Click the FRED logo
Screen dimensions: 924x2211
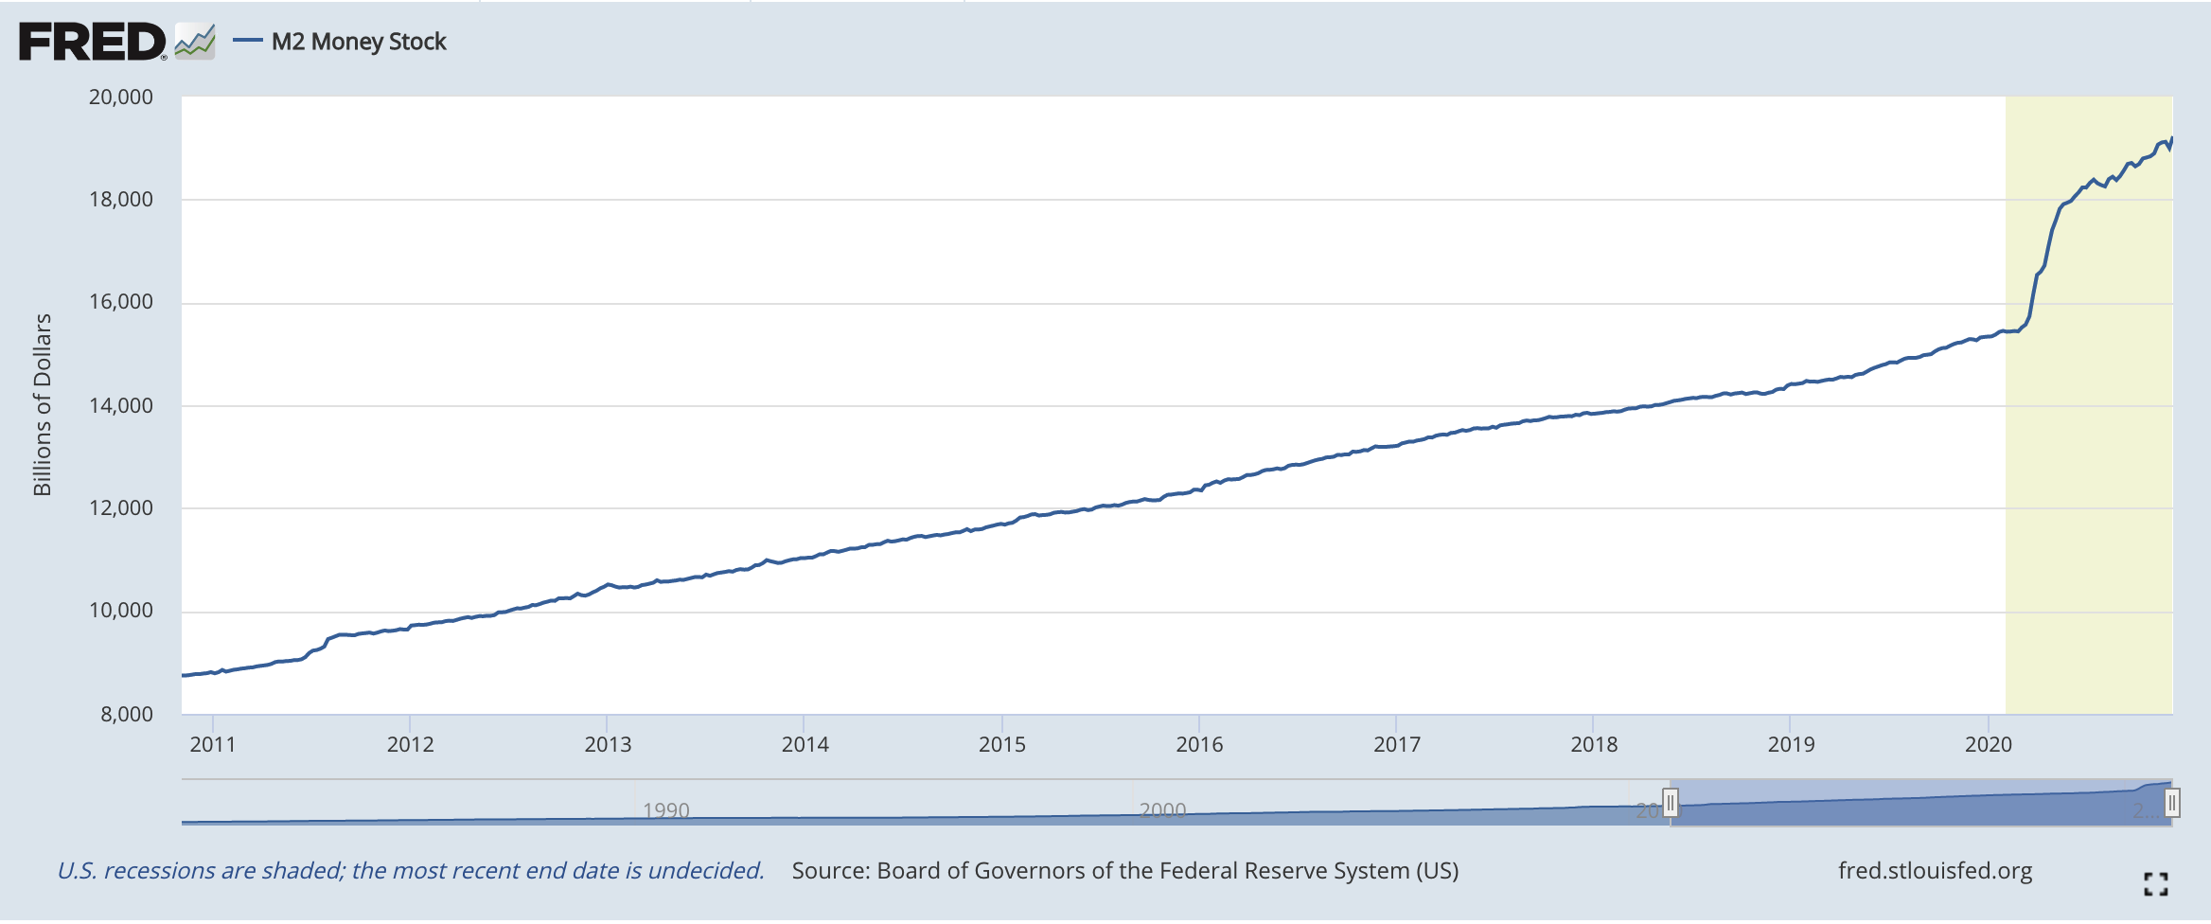pyautogui.click(x=92, y=43)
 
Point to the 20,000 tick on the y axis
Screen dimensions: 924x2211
pyautogui.click(x=120, y=97)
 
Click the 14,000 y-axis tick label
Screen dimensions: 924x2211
pyautogui.click(x=120, y=405)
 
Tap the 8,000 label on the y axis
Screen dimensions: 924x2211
pyautogui.click(x=126, y=714)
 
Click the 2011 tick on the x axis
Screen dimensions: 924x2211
pyautogui.click(x=213, y=744)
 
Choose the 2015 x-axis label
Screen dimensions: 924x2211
pyautogui.click(x=1002, y=744)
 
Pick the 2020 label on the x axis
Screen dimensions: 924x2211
pyautogui.click(x=1989, y=744)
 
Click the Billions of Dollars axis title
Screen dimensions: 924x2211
pyautogui.click(x=43, y=405)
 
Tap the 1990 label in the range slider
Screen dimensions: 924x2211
pyautogui.click(x=666, y=810)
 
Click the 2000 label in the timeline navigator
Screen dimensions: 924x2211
pyautogui.click(x=1162, y=810)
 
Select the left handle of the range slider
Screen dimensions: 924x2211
pyautogui.click(x=1671, y=804)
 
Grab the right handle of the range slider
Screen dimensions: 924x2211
pyautogui.click(x=2172, y=804)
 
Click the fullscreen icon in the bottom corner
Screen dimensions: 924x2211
pyautogui.click(x=2156, y=884)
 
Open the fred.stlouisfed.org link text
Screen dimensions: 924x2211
pyautogui.click(x=1935, y=870)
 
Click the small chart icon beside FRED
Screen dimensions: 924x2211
pyautogui.click(x=195, y=42)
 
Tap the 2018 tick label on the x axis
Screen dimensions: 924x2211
pyautogui.click(x=1594, y=744)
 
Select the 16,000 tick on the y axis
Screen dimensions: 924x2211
pyautogui.click(x=120, y=302)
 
